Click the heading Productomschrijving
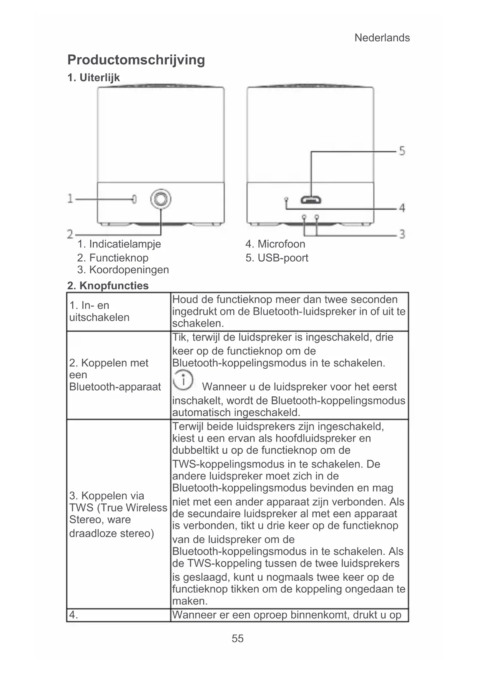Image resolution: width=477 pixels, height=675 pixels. [x=136, y=60]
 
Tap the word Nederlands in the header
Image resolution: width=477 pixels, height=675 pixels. [x=382, y=38]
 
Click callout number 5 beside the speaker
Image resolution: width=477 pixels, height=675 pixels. [x=402, y=150]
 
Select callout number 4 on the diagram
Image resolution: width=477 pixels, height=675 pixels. [x=402, y=208]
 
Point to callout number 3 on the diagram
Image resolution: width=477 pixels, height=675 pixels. [x=402, y=234]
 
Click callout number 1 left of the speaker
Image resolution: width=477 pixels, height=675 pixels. [x=70, y=199]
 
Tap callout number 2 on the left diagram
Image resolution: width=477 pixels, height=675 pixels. [x=70, y=234]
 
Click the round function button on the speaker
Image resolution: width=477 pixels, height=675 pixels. [x=161, y=199]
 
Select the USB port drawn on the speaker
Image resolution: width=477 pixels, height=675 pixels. [x=311, y=200]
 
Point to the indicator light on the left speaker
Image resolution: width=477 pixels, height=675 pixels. [x=134, y=199]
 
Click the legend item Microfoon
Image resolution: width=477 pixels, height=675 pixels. [x=275, y=244]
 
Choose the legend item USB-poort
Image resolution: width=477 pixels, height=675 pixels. [x=277, y=258]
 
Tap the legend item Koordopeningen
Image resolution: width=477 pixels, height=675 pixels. [x=123, y=270]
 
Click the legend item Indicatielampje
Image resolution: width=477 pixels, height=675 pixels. [x=119, y=244]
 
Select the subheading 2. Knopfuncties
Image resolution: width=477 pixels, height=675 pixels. [x=108, y=286]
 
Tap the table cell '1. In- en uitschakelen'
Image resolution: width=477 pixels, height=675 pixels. [x=99, y=311]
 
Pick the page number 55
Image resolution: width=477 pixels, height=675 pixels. [x=238, y=638]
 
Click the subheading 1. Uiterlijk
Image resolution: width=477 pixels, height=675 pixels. [x=93, y=78]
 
